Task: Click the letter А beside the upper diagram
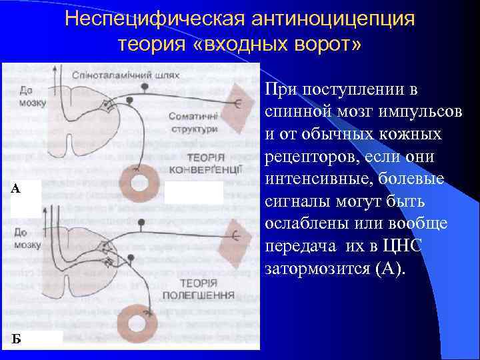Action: click(x=16, y=189)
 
